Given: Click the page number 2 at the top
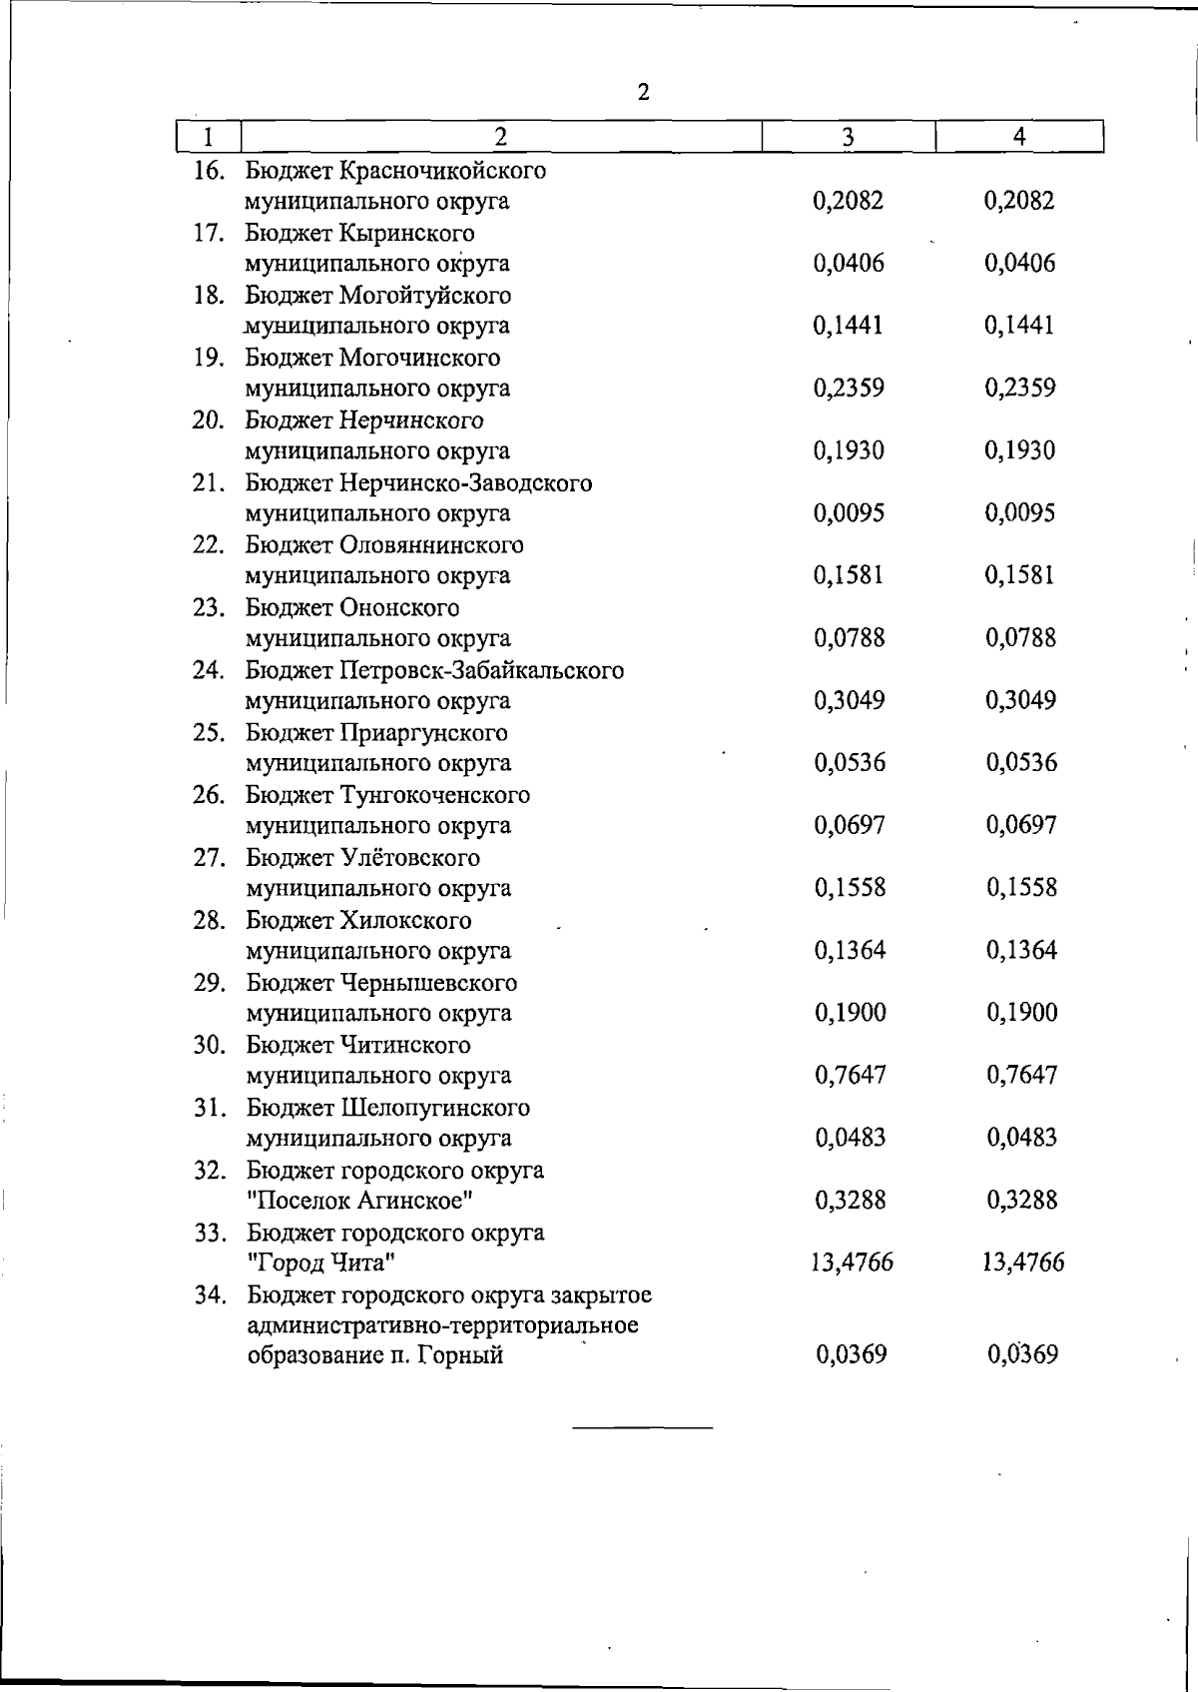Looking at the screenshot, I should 643,93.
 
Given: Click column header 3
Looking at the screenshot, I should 848,137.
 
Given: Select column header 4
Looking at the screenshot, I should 1019,137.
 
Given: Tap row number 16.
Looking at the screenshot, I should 208,171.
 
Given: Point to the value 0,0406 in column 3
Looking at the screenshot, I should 849,264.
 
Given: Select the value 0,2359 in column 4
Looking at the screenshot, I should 1020,389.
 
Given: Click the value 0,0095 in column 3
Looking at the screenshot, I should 850,513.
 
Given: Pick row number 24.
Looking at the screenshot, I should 208,670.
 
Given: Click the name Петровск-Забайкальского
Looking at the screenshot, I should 482,670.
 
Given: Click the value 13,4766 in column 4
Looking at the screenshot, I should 1023,1264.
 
